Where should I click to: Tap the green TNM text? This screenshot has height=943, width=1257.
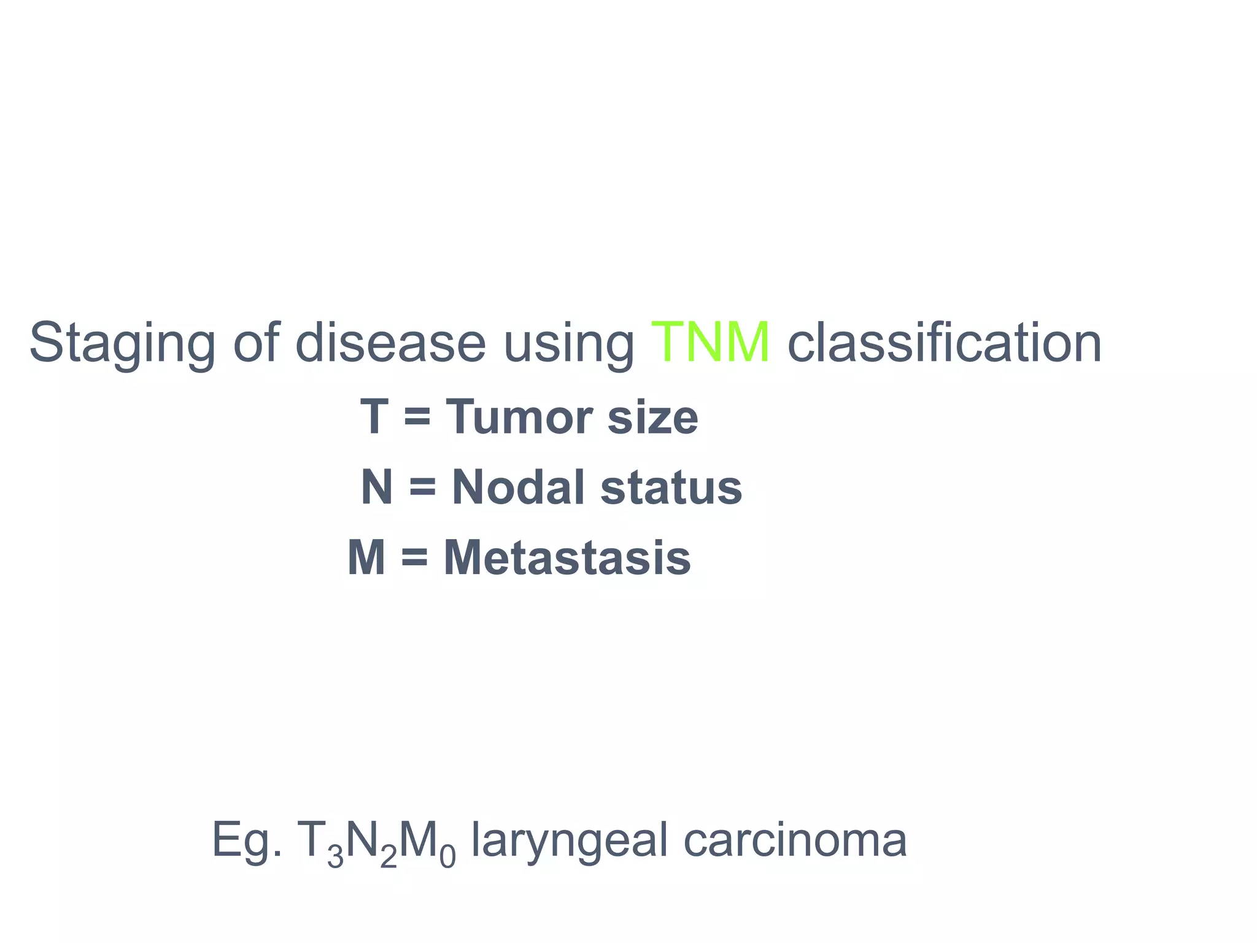click(x=710, y=342)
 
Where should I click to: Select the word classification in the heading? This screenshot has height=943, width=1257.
click(x=945, y=342)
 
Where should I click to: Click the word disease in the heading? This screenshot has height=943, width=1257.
click(x=390, y=342)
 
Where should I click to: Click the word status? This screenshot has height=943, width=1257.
click(x=671, y=489)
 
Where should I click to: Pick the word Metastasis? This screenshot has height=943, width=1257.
click(x=567, y=558)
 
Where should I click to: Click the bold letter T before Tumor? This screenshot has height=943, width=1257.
click(x=374, y=417)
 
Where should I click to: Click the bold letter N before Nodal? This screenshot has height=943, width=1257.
click(x=377, y=487)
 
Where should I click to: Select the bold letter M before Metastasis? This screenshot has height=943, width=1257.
click(x=366, y=558)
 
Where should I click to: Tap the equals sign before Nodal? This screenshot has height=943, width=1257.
click(x=422, y=489)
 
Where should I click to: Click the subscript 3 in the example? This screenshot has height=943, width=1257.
click(x=335, y=856)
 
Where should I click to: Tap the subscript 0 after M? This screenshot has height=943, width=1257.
click(x=448, y=856)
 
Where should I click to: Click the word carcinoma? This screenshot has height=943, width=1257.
click(x=795, y=840)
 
